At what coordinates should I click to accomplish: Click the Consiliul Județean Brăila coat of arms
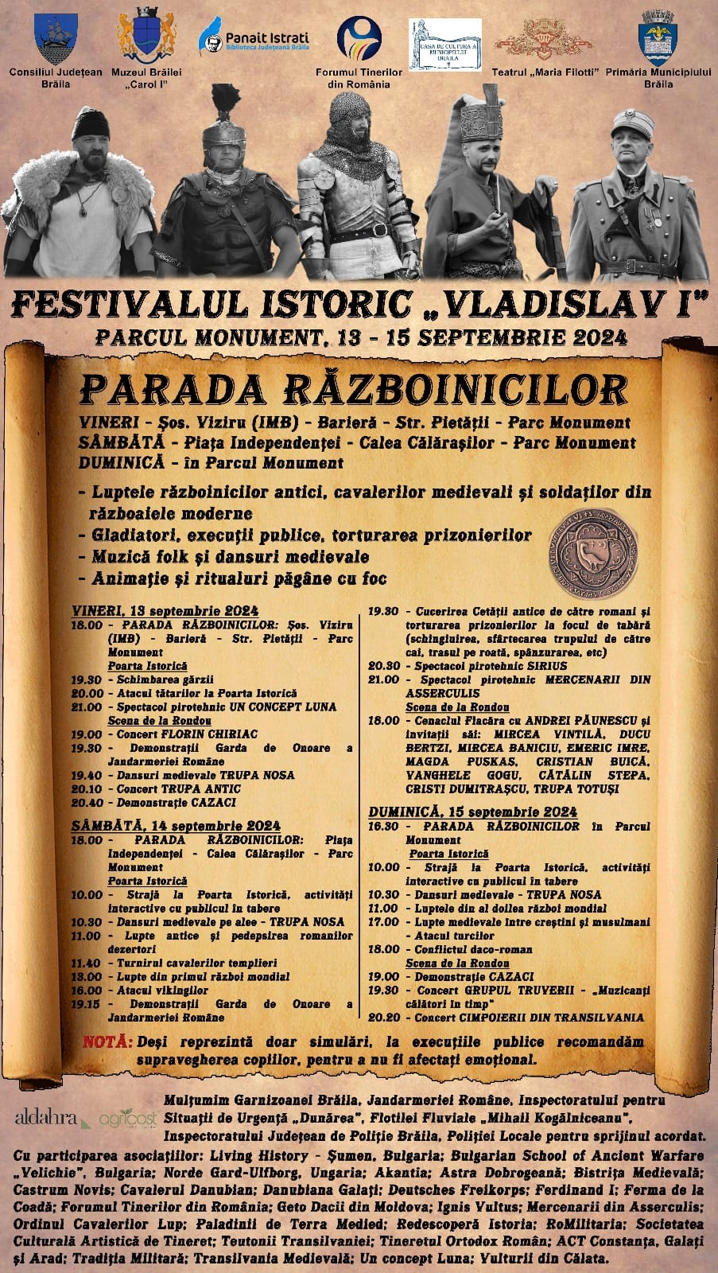pos(56,38)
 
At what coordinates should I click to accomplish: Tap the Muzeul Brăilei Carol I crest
pos(146,38)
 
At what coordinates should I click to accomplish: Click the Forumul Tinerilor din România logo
pos(359,41)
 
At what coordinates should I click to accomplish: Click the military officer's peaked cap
pos(638,123)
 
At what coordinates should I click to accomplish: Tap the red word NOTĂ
pos(107,1042)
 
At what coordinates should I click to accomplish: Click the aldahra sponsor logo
pos(46,1118)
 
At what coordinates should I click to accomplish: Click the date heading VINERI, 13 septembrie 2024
pos(165,610)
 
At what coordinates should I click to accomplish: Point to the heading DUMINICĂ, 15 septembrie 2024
pos(472,812)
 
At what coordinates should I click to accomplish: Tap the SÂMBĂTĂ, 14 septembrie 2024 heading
pos(175,826)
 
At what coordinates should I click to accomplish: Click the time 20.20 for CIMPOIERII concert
pos(383,1018)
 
